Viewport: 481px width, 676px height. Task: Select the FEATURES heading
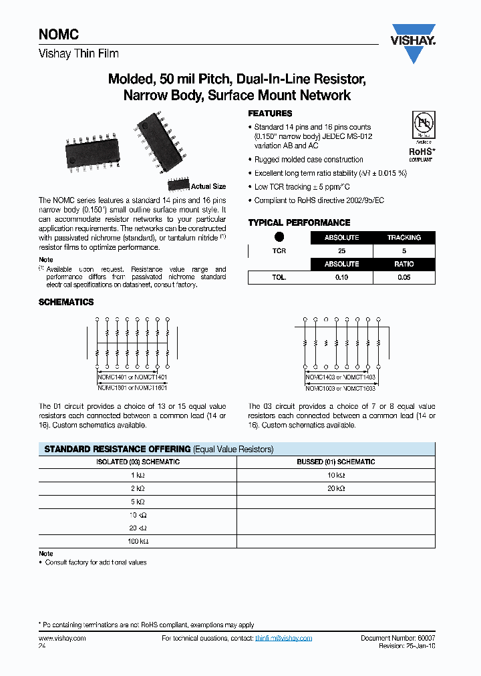tap(270, 114)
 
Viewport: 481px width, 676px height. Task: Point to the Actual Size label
tap(208, 186)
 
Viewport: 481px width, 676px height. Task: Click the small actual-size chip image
tap(178, 184)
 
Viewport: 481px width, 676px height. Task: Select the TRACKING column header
tap(404, 237)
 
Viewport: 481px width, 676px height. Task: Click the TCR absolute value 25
tap(341, 250)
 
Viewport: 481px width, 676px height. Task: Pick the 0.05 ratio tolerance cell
tap(404, 277)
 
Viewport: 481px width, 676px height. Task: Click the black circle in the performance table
tap(279, 237)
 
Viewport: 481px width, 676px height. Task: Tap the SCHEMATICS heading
tap(66, 302)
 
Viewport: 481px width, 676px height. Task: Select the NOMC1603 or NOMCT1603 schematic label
tap(341, 387)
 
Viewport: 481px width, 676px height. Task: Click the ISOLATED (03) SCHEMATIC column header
tap(138, 462)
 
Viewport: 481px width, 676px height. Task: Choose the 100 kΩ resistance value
tap(138, 541)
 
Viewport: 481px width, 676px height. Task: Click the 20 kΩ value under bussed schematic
tap(335, 488)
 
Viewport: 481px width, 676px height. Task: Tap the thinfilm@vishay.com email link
tap(283, 638)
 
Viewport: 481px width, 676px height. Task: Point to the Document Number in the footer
tap(397, 638)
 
